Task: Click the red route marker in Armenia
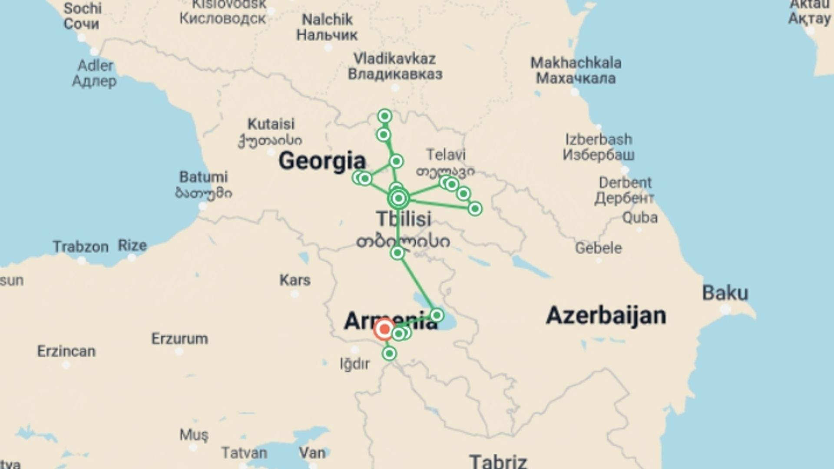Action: click(384, 330)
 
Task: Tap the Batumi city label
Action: click(203, 177)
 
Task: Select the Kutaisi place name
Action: click(271, 124)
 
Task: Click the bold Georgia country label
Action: click(322, 161)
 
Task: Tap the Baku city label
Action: click(725, 293)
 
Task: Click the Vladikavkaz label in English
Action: click(394, 59)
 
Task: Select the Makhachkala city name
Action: click(576, 63)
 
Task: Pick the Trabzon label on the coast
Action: click(81, 247)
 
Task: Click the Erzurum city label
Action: click(179, 339)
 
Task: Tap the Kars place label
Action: click(295, 280)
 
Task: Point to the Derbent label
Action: click(625, 183)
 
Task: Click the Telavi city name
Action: click(446, 155)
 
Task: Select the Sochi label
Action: click(83, 8)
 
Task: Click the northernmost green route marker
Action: click(384, 116)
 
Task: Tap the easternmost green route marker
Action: click(475, 209)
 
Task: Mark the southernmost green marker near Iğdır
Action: click(389, 353)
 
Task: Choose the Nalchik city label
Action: click(327, 20)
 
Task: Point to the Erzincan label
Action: click(66, 351)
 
